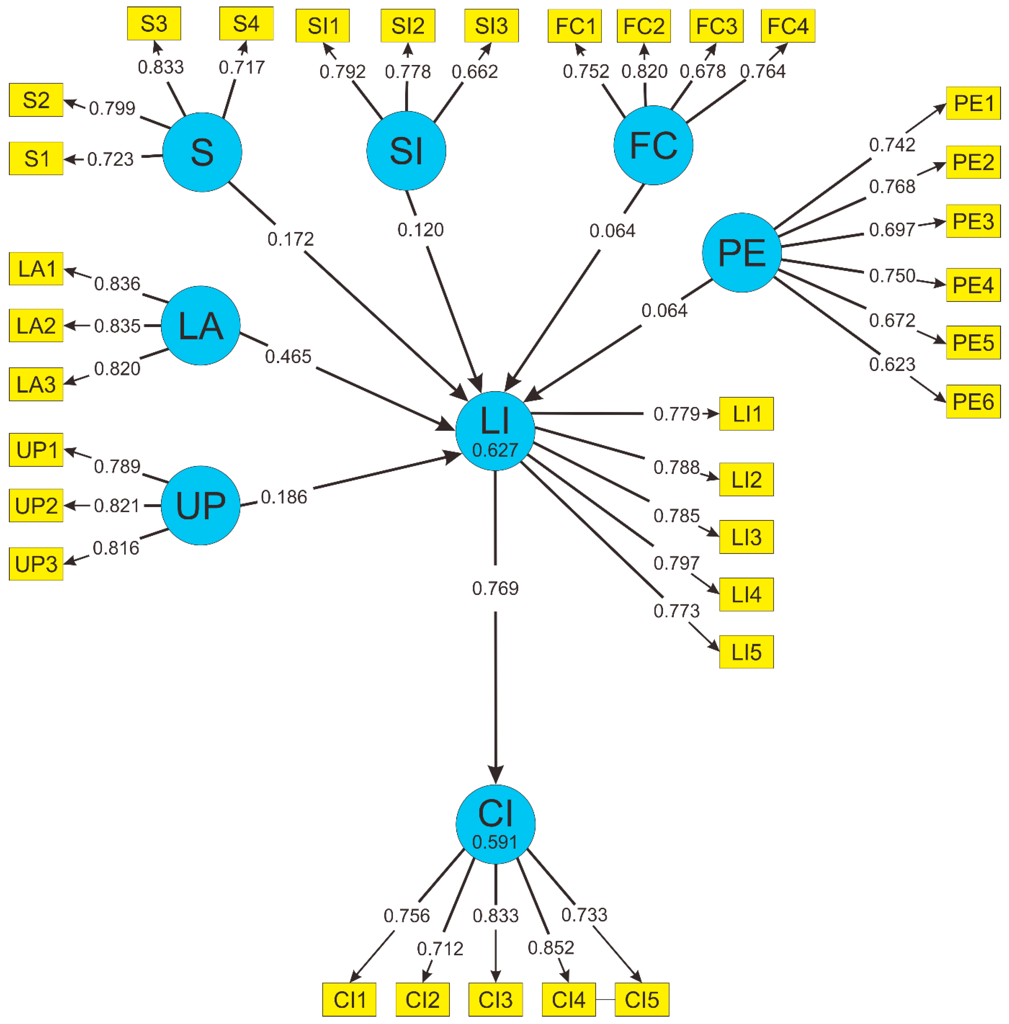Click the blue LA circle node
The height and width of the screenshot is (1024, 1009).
200,325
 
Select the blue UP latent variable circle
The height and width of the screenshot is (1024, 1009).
200,505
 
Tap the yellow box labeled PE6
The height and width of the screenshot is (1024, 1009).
973,402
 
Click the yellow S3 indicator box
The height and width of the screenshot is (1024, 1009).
154,24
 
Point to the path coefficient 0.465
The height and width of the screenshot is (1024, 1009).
288,357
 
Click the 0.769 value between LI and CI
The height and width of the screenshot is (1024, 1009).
495,588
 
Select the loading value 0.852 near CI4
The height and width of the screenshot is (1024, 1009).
551,947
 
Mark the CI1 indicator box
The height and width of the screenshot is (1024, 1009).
349,1000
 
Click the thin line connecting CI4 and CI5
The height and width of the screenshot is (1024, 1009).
605,1000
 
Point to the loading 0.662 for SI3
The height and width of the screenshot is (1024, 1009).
474,71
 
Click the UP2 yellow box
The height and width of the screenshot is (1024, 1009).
36,505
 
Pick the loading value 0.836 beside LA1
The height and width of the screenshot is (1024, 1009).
117,283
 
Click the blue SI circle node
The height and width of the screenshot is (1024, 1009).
406,151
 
